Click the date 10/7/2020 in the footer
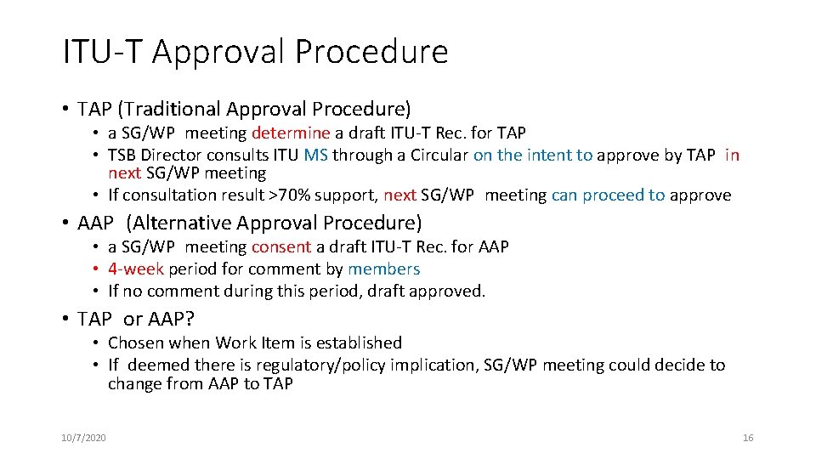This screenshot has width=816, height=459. coord(83,438)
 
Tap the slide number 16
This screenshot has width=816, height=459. coord(748,438)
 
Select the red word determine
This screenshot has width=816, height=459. coord(291,133)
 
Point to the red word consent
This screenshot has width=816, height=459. coord(281,246)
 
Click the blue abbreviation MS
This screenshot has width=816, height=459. coord(315,155)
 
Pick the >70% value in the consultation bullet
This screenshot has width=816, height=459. coord(285,195)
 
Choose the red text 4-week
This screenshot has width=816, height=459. coord(136,269)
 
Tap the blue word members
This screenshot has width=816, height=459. coord(383,269)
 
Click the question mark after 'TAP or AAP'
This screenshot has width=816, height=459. coord(190,319)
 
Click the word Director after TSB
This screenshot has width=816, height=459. coord(171,155)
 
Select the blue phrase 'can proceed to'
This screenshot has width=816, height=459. coord(609,195)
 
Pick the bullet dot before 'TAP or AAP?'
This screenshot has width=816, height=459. coord(65,319)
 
